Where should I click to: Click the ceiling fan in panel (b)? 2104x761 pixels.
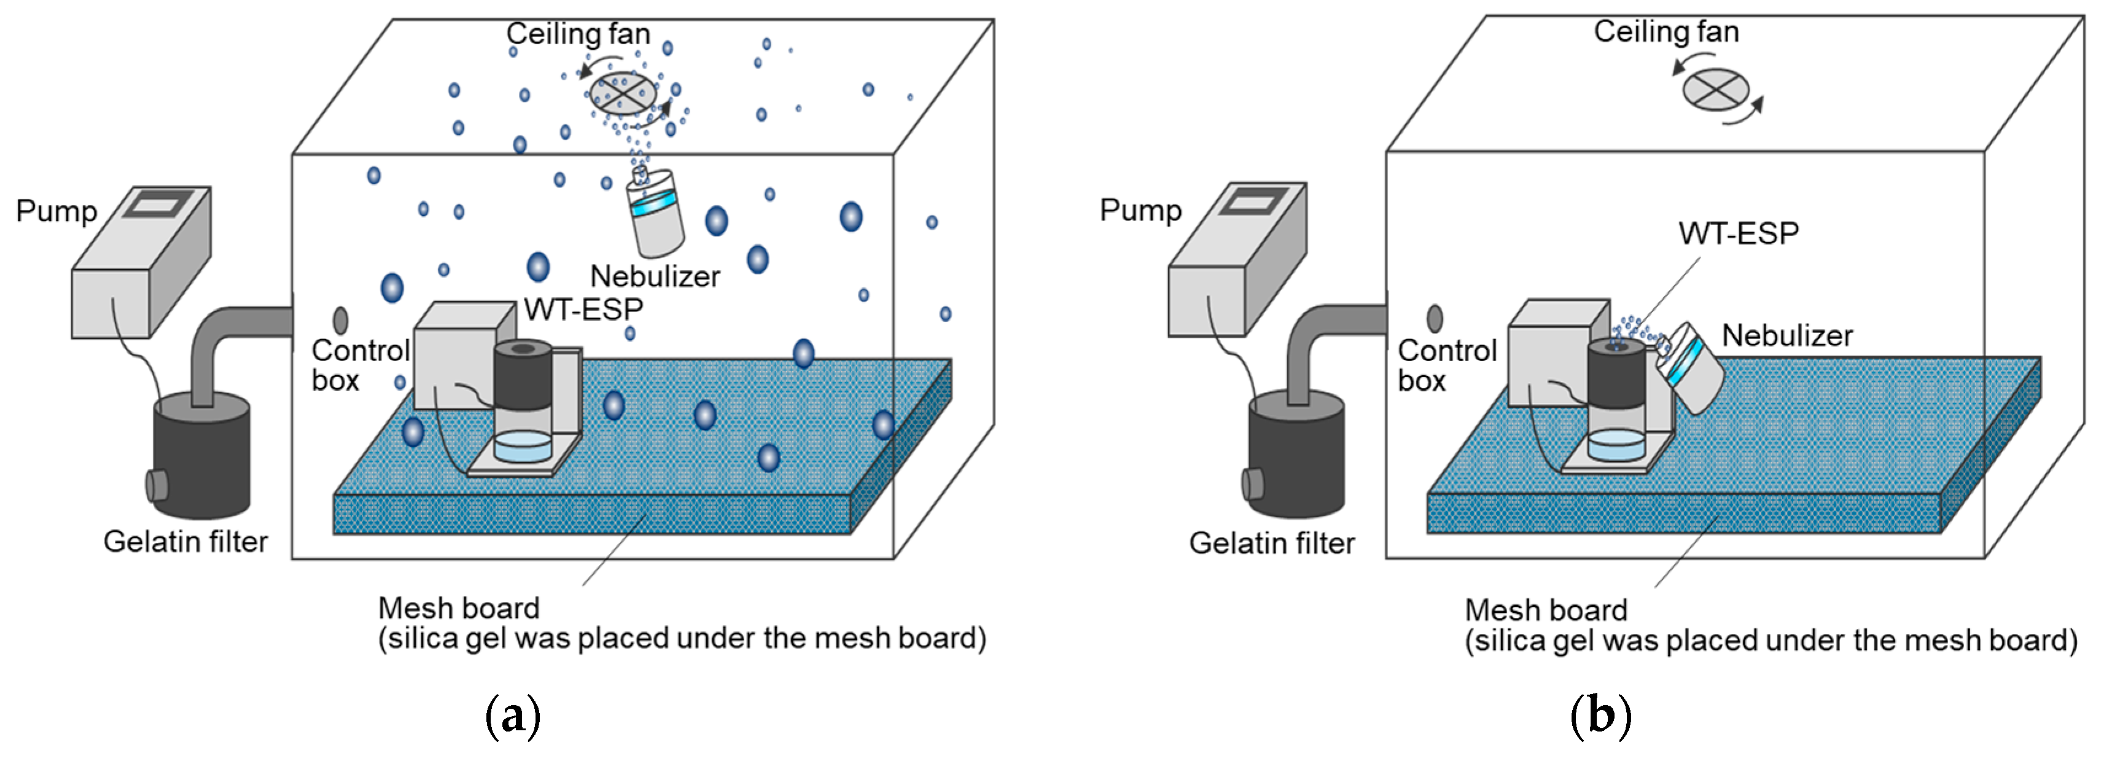pos(1716,88)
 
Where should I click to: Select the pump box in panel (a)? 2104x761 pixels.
pos(141,262)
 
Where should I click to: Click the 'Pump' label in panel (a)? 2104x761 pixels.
pos(56,211)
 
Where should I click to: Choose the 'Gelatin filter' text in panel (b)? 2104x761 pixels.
pos(1272,543)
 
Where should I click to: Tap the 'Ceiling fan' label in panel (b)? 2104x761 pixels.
pos(1666,31)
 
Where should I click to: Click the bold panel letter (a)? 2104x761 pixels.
pos(513,716)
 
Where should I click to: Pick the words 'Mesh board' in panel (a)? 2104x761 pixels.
pos(459,608)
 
